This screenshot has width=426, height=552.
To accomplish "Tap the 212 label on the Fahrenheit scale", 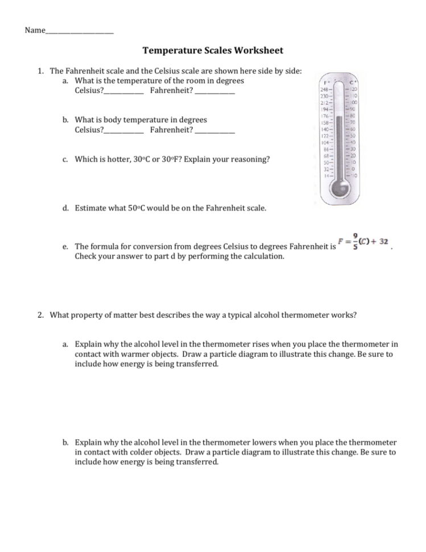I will pyautogui.click(x=325, y=102).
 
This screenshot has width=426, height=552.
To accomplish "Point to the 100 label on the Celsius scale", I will pyautogui.click(x=353, y=102).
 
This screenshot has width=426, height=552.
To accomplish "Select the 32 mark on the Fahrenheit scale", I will pyautogui.click(x=326, y=169).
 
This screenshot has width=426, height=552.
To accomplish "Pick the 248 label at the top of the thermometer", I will pyautogui.click(x=325, y=89).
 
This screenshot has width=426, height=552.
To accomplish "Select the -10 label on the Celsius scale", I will pyautogui.click(x=353, y=176).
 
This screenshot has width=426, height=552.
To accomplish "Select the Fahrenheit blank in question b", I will pyautogui.click(x=214, y=130).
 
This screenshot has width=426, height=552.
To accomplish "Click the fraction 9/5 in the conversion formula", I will pyautogui.click(x=356, y=241).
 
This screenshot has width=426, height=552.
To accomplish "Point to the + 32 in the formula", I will pyautogui.click(x=379, y=241).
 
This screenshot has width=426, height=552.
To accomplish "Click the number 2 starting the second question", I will pyautogui.click(x=40, y=314).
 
